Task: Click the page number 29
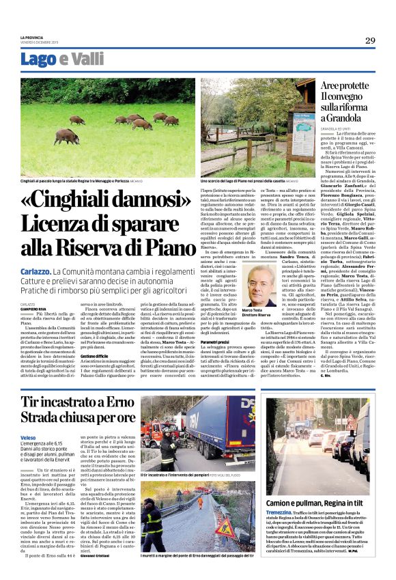point(369,41)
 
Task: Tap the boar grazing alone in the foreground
point(67,137)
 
